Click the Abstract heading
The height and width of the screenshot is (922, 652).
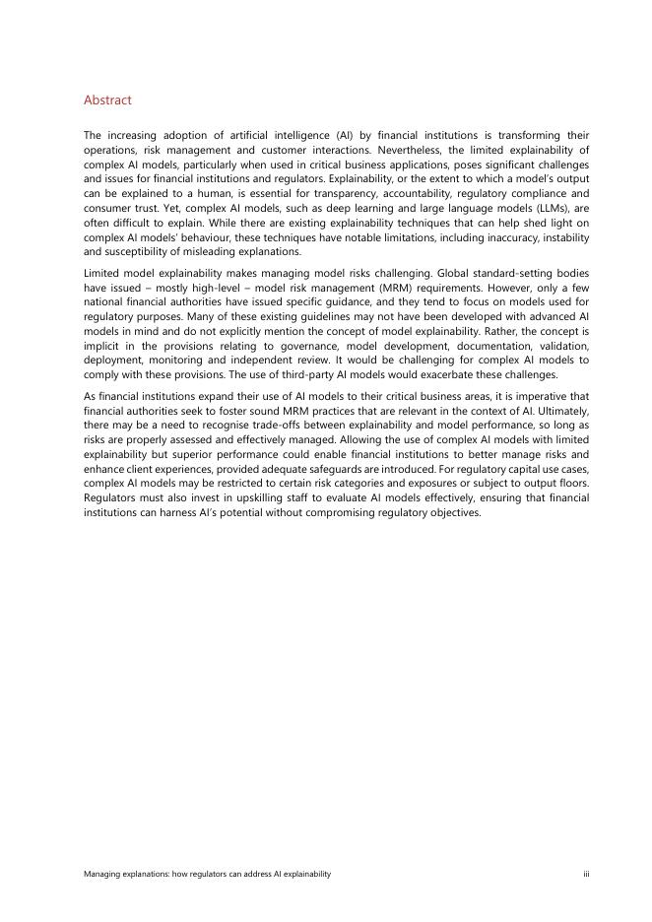pyautogui.click(x=107, y=100)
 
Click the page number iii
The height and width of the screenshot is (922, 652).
pyautogui.click(x=585, y=874)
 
